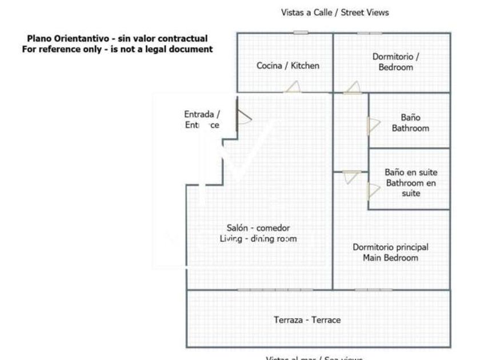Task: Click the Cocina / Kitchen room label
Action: (x=287, y=66)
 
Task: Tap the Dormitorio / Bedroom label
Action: (x=395, y=62)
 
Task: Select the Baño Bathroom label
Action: (x=410, y=123)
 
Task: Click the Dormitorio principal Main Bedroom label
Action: (x=390, y=253)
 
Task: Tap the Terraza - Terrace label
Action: (x=307, y=320)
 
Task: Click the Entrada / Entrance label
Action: (x=201, y=119)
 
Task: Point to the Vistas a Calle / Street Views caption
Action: (x=335, y=12)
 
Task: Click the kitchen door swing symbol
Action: (x=293, y=87)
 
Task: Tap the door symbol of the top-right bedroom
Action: (x=352, y=88)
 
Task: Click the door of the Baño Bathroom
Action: (x=373, y=126)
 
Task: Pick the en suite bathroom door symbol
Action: (x=373, y=191)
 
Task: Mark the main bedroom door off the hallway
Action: (x=351, y=177)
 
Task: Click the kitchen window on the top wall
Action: (x=301, y=33)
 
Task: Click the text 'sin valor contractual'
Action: (x=163, y=39)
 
